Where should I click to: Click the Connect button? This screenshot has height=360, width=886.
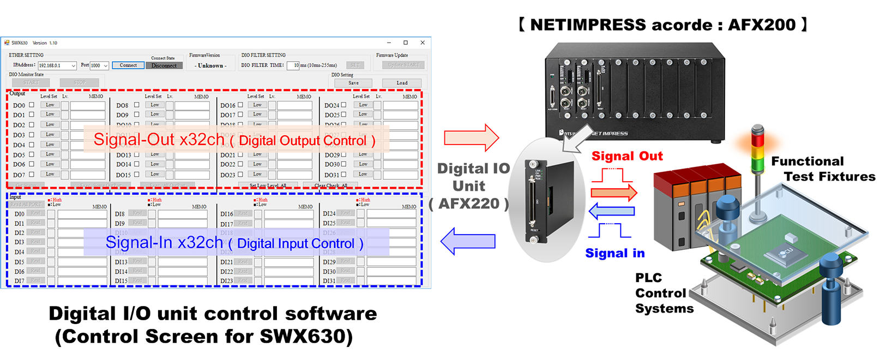[128, 65]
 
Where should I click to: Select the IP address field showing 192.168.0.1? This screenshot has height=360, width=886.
[57, 65]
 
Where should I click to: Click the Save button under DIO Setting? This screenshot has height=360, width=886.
[353, 83]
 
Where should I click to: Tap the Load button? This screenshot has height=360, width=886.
[402, 83]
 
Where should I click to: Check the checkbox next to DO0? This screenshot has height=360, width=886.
[32, 105]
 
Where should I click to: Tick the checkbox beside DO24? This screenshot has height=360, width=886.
[343, 105]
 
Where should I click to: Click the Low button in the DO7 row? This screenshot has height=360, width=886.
[50, 174]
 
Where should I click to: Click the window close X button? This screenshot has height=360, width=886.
[423, 43]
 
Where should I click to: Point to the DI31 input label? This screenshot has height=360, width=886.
[329, 281]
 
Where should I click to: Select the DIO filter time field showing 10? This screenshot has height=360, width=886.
[293, 65]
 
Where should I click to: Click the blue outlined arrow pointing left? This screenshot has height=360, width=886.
[468, 241]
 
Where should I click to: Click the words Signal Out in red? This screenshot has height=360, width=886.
[627, 156]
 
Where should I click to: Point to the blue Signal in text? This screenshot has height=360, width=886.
[614, 253]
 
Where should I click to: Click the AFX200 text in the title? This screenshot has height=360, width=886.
[762, 25]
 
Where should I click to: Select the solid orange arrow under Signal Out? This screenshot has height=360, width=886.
[614, 192]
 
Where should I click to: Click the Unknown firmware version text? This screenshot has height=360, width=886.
[210, 65]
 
